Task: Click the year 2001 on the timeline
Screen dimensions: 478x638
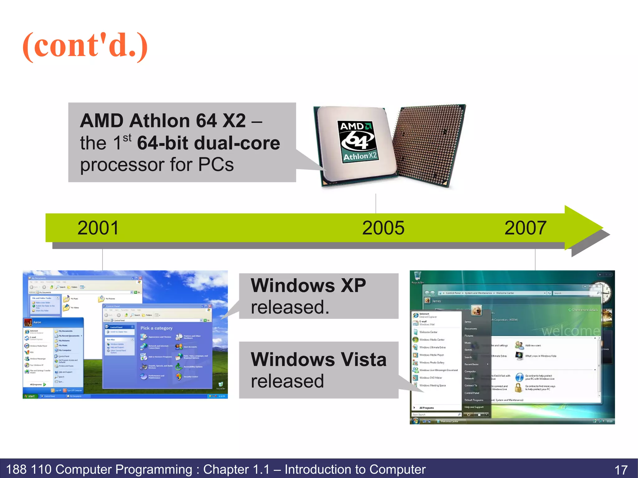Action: click(x=98, y=228)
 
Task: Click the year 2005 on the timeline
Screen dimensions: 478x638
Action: click(x=383, y=228)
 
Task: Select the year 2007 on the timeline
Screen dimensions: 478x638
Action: click(x=525, y=228)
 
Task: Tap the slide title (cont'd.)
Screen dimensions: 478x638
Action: click(x=85, y=46)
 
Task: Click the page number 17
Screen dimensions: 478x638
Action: click(x=621, y=470)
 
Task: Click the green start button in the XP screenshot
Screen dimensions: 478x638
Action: click(x=30, y=396)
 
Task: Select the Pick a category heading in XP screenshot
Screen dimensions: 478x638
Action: click(x=156, y=328)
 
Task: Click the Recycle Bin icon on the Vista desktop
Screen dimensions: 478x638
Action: click(x=417, y=276)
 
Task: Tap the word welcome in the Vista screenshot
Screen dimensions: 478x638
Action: click(x=570, y=331)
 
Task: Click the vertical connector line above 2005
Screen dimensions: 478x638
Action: click(x=376, y=203)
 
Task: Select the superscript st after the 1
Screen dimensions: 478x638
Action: click(x=127, y=137)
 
